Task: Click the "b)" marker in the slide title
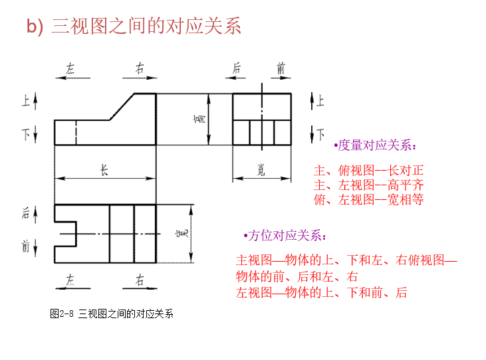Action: pyautogui.click(x=35, y=27)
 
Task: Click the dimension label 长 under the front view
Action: pyautogui.click(x=104, y=170)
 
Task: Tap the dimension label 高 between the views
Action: pyautogui.click(x=199, y=119)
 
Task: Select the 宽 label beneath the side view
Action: pyautogui.click(x=261, y=171)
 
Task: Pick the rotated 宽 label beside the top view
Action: pyautogui.click(x=183, y=233)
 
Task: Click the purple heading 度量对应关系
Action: pyautogui.click(x=376, y=145)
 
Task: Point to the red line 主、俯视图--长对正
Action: pyautogui.click(x=368, y=170)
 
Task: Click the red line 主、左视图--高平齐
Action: pyautogui.click(x=368, y=185)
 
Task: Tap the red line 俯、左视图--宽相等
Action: pyautogui.click(x=368, y=199)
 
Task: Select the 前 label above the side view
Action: pyautogui.click(x=282, y=68)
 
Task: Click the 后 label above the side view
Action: pyautogui.click(x=237, y=68)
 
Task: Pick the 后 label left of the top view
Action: pyautogui.click(x=26, y=213)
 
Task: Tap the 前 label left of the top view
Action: pyautogui.click(x=26, y=247)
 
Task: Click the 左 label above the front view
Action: pyautogui.click(x=71, y=68)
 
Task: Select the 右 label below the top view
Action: pyautogui.click(x=140, y=280)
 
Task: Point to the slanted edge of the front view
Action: pyautogui.click(x=123, y=106)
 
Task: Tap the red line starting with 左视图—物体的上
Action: pyautogui.click(x=321, y=292)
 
